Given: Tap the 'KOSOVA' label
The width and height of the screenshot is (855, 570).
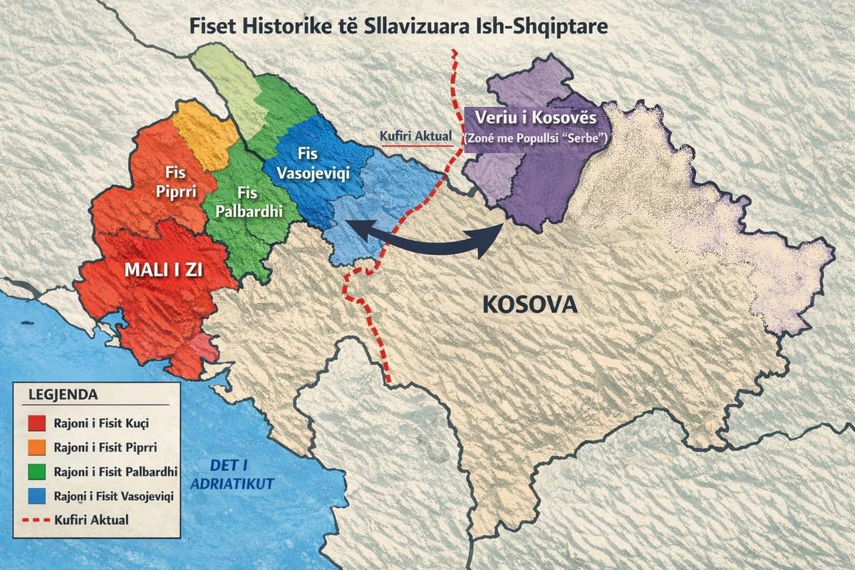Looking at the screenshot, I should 529,305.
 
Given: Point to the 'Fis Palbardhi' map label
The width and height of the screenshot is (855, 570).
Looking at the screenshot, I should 247,202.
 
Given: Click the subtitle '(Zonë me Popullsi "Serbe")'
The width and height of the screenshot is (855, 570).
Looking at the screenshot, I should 534,141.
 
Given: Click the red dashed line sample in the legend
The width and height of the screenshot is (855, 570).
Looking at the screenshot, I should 38,520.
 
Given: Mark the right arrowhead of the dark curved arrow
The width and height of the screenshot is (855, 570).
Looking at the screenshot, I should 493,239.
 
